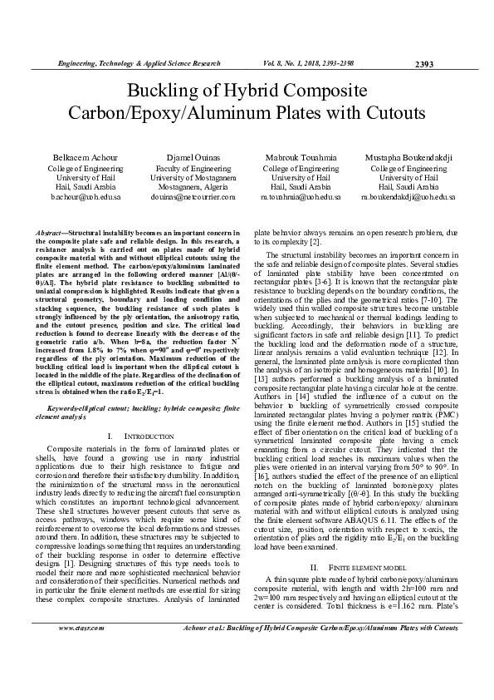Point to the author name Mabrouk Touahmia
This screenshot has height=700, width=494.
(300, 157)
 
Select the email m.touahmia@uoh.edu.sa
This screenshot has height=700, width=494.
(300, 197)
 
